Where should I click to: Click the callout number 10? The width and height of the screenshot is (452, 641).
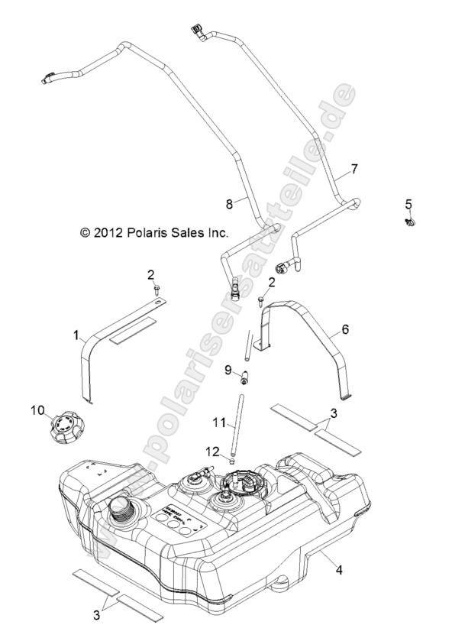pyautogui.click(x=37, y=410)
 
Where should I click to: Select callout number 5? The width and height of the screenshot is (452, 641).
pyautogui.click(x=408, y=204)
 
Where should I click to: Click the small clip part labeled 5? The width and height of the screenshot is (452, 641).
pyautogui.click(x=410, y=223)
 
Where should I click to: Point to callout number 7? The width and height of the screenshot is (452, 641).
pyautogui.click(x=354, y=168)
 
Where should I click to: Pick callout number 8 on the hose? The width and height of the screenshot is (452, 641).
pyautogui.click(x=228, y=204)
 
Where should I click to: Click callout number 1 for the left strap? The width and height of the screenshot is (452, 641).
pyautogui.click(x=76, y=335)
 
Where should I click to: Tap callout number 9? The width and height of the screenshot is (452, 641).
pyautogui.click(x=228, y=370)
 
